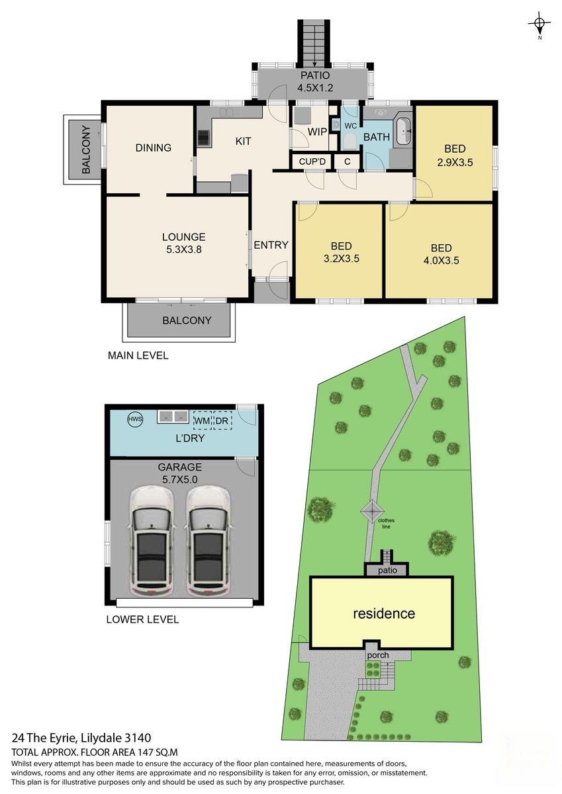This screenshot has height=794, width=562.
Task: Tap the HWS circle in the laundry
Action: tap(135, 419)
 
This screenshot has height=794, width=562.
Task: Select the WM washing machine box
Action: tap(201, 420)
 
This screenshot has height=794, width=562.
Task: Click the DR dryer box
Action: tap(222, 420)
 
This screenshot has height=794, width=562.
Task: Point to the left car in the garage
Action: tap(152, 541)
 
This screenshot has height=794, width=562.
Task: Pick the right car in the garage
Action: tap(207, 541)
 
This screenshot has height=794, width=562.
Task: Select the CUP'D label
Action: tap(312, 161)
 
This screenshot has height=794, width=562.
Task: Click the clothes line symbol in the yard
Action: tap(372, 511)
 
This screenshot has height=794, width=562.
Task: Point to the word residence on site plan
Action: tap(384, 613)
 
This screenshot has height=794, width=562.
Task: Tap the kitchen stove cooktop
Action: tap(203, 138)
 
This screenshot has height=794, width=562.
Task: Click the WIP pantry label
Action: tap(317, 132)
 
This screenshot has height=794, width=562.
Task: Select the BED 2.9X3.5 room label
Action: tap(454, 155)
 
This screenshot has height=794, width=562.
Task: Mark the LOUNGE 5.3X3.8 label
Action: tap(183, 243)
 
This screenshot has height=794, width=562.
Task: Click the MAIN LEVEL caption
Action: tap(138, 355)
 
